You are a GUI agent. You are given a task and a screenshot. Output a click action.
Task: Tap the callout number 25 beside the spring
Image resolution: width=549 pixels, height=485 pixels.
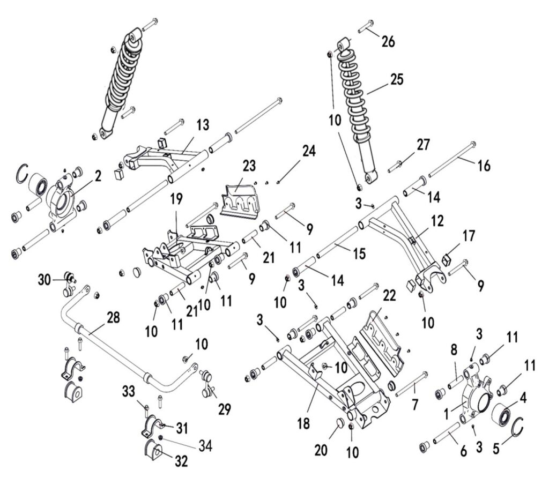(x=397, y=80)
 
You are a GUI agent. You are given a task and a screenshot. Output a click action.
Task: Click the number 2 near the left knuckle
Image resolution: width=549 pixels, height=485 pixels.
(x=98, y=175)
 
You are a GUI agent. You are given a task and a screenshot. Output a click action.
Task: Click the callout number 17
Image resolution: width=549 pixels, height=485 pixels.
(x=470, y=235)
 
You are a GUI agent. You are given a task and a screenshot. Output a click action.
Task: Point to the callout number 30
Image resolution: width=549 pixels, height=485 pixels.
(x=45, y=279)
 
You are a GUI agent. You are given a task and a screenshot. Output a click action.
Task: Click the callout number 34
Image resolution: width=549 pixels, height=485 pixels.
(x=204, y=445)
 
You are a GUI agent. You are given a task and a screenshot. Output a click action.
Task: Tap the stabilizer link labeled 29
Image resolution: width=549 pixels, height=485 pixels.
(x=207, y=384)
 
